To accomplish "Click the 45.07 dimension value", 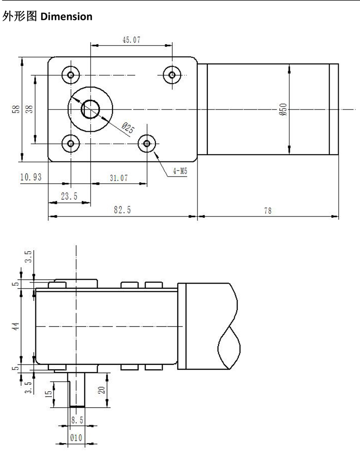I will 131,40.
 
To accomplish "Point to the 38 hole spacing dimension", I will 30,109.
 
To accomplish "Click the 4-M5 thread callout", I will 180,171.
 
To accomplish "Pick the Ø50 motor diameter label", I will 283,109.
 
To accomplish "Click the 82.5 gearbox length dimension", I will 122,210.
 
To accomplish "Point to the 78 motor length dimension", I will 267,210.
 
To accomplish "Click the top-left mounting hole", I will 71,74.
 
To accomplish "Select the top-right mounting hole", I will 172,74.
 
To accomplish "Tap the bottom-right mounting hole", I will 146,144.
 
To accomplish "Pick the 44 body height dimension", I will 16,326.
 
